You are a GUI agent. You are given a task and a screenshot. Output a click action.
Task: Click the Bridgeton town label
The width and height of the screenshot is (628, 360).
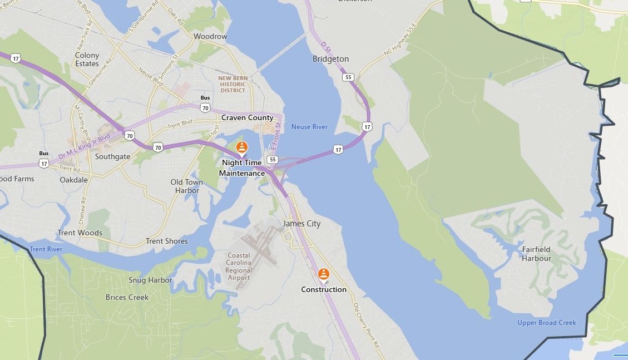(330, 59)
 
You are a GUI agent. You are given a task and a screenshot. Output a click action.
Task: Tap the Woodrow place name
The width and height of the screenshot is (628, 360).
(210, 37)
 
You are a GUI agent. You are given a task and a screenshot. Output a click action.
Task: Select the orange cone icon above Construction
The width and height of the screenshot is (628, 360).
(324, 274)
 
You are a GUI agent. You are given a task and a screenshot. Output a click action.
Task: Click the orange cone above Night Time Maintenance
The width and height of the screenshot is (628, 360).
(241, 147)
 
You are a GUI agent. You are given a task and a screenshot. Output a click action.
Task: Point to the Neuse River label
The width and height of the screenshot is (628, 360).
(309, 127)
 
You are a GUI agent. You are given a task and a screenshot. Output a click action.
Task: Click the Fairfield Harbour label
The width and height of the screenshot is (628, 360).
(536, 254)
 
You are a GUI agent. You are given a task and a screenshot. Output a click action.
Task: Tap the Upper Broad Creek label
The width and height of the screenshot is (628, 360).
(547, 323)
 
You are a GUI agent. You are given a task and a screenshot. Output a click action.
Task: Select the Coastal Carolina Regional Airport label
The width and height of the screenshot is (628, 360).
(239, 267)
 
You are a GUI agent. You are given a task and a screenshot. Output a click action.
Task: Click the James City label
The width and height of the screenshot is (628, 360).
(301, 224)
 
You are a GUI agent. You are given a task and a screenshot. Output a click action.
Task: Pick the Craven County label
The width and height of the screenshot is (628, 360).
(248, 118)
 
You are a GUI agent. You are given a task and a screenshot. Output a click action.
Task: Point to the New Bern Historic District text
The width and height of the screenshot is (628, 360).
(233, 85)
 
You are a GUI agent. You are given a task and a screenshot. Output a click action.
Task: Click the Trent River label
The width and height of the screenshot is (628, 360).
(46, 249)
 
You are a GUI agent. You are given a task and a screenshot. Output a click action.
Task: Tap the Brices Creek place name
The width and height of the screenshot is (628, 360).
(127, 297)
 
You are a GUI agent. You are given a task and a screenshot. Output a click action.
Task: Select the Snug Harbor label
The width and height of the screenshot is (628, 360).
(150, 280)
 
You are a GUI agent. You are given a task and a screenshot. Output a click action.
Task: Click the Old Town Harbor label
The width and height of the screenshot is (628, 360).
(186, 186)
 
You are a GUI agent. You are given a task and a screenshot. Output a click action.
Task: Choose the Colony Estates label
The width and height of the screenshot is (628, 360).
(87, 60)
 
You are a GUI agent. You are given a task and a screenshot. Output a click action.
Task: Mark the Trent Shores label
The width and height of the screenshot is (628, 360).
(166, 241)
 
